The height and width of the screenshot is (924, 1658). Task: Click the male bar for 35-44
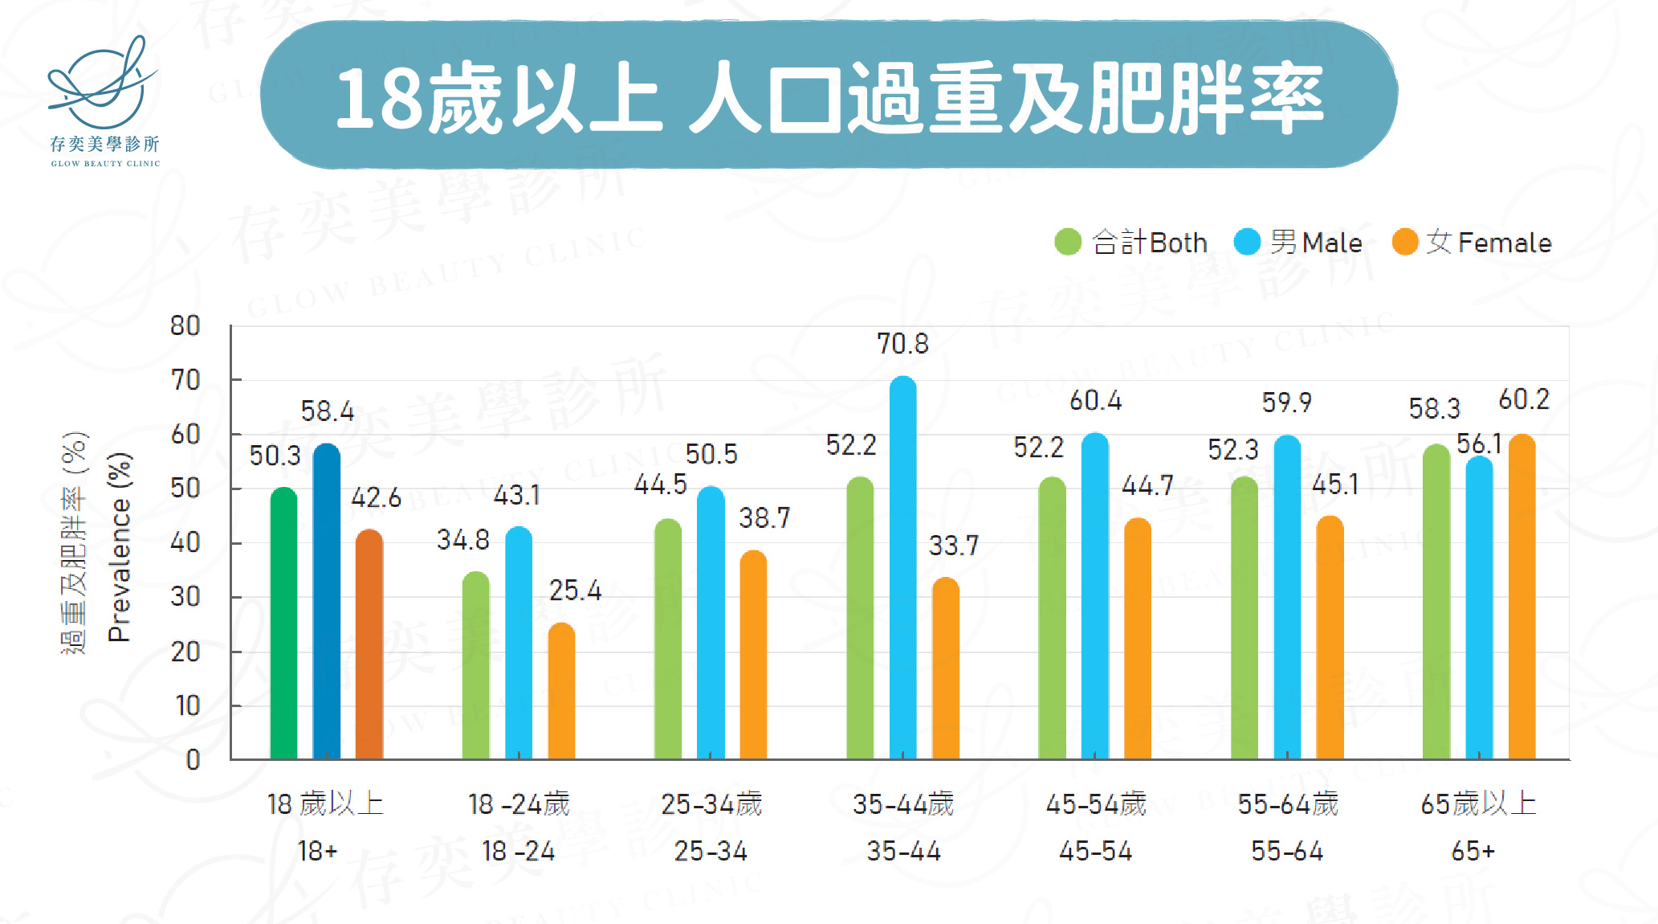pos(902,570)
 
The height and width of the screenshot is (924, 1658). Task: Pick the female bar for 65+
pos(1522,599)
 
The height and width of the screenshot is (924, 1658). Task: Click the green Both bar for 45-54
pos(1052,619)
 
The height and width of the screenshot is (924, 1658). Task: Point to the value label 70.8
pos(902,344)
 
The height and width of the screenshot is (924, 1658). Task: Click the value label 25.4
pos(575,591)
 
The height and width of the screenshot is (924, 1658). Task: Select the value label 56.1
pos(1478,444)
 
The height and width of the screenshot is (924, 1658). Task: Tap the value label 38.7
pos(764,518)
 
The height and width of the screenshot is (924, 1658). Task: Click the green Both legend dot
pos(1068,242)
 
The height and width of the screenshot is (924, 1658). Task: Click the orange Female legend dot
pos(1405,242)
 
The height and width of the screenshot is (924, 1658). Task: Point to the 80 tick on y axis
pos(185,326)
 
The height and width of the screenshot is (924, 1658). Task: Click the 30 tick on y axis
pos(185,597)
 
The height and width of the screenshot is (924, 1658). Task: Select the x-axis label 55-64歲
pos(1288,803)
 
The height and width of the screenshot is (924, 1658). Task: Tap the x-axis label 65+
pos(1473,851)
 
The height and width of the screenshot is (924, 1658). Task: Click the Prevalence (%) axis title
pos(120,546)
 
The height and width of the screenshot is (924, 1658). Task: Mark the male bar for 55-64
pos(1287,599)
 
